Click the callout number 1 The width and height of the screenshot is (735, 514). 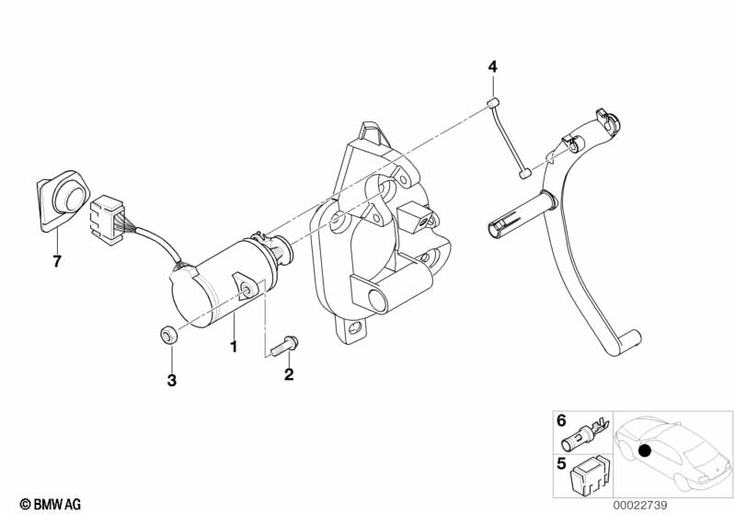[x=234, y=347]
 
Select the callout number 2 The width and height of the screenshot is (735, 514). [x=289, y=374]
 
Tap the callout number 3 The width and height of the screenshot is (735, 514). [x=172, y=380]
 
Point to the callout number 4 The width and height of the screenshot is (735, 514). [x=492, y=67]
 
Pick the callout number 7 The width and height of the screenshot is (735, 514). [x=57, y=261]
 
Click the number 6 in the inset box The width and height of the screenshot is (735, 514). [x=561, y=420]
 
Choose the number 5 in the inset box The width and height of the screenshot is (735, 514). [x=561, y=463]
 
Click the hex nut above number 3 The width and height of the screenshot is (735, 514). [x=168, y=335]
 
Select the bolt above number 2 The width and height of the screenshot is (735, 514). [x=284, y=347]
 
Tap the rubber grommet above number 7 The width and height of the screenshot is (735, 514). [x=63, y=201]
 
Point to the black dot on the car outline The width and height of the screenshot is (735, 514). [x=645, y=451]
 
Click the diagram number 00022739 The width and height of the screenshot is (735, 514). [x=639, y=505]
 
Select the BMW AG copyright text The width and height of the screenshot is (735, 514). [x=51, y=504]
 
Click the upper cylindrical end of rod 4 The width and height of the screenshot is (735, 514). [x=492, y=103]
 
